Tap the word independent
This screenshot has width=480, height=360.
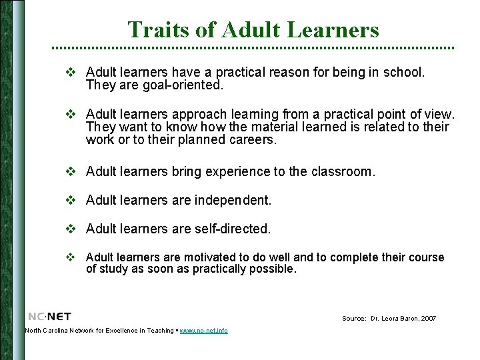231,200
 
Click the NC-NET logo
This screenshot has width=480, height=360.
49,316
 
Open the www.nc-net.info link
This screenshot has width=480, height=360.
204,331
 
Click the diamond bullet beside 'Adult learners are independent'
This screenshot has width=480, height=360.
69,200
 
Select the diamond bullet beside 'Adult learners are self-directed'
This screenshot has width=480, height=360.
69,229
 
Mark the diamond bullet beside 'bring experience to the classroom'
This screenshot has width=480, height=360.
69,171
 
